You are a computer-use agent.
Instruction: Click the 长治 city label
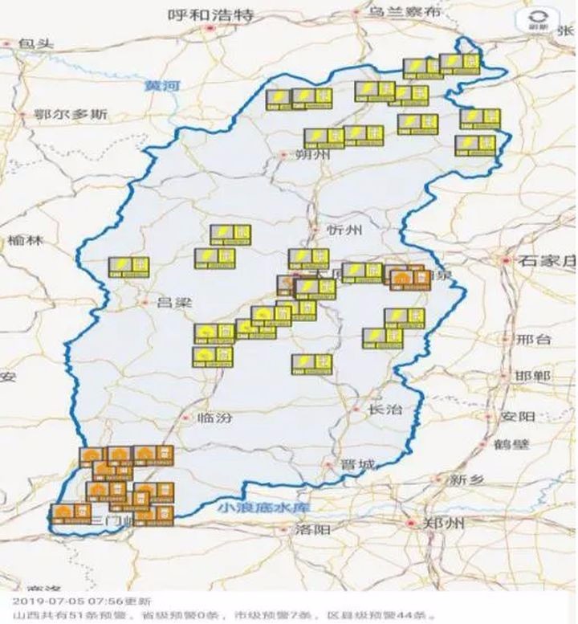coord(382,410)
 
